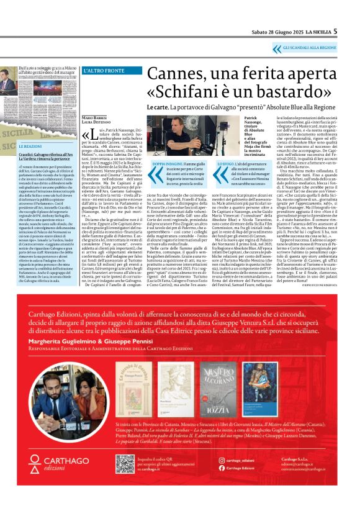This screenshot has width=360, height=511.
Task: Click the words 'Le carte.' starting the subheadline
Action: click(157, 107)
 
